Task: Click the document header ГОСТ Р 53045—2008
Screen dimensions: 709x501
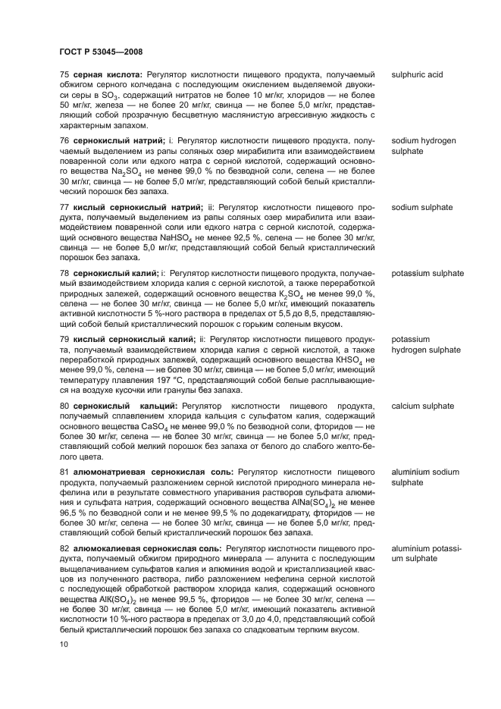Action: pyautogui.click(x=101, y=52)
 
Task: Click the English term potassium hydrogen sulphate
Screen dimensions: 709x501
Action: pyautogui.click(x=425, y=344)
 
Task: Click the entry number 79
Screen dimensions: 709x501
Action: pyautogui.click(x=64, y=339)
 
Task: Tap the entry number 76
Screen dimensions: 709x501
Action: pyautogui.click(x=64, y=141)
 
